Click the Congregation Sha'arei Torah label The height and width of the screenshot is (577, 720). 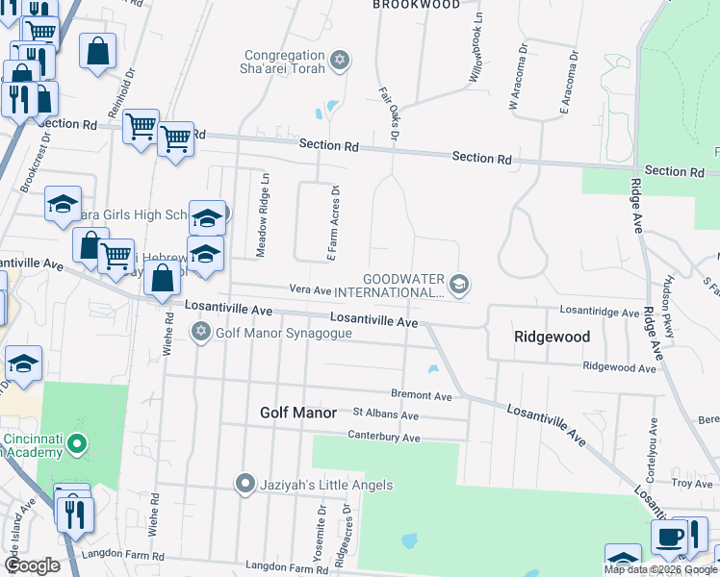[286, 62]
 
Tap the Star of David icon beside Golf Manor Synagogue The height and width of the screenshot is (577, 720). [201, 333]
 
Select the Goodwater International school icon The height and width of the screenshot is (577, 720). [459, 282]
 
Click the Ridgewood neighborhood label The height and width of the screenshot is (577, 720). [551, 338]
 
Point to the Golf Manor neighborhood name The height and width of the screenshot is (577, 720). [298, 413]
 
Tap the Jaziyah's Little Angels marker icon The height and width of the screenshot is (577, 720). [245, 484]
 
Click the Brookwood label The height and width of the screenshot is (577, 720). [416, 5]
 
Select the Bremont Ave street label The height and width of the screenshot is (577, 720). [421, 395]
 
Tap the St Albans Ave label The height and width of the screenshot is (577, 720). [386, 415]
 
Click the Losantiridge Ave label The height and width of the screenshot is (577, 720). [600, 313]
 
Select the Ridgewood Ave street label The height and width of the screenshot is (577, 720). [619, 366]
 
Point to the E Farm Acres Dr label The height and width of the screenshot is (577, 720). [334, 222]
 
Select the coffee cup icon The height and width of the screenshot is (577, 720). [669, 538]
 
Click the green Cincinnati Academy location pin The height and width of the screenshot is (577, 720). [79, 445]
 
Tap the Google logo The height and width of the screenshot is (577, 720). [33, 565]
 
